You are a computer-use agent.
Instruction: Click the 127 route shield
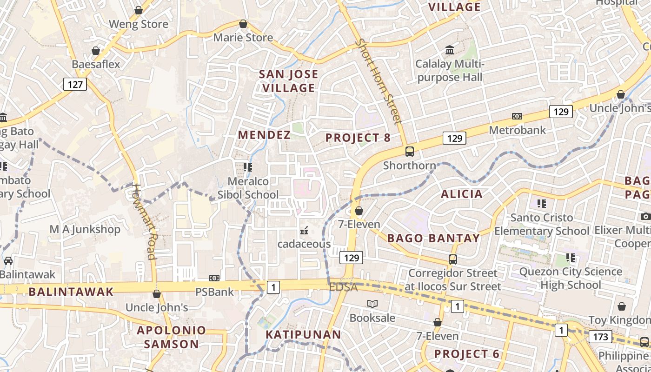pyautogui.click(x=74, y=84)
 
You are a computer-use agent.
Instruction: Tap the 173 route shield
pyautogui.click(x=601, y=336)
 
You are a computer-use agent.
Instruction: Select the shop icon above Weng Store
pyautogui.click(x=138, y=10)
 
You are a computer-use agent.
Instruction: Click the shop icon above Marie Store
pyautogui.click(x=243, y=24)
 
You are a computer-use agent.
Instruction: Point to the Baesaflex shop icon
pyautogui.click(x=96, y=51)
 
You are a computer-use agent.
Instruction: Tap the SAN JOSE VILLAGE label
pyautogui.click(x=288, y=81)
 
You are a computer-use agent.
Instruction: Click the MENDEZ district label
pyautogui.click(x=264, y=135)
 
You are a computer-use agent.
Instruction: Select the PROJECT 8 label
pyautogui.click(x=358, y=138)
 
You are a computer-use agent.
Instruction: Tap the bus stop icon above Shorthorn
pyautogui.click(x=409, y=152)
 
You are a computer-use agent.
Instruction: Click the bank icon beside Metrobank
pyautogui.click(x=517, y=116)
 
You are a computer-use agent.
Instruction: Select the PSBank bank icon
pyautogui.click(x=214, y=278)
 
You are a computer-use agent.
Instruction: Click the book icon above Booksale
pyautogui.click(x=372, y=304)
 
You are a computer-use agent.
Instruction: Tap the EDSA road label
pyautogui.click(x=344, y=287)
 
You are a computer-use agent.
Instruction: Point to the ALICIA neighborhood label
pyautogui.click(x=462, y=194)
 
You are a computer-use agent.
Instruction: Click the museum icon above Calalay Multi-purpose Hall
pyautogui.click(x=450, y=50)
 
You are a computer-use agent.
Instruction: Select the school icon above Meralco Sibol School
pyautogui.click(x=248, y=167)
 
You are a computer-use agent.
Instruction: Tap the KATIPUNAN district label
pyautogui.click(x=303, y=334)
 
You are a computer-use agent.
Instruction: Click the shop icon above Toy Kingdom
pyautogui.click(x=621, y=306)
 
